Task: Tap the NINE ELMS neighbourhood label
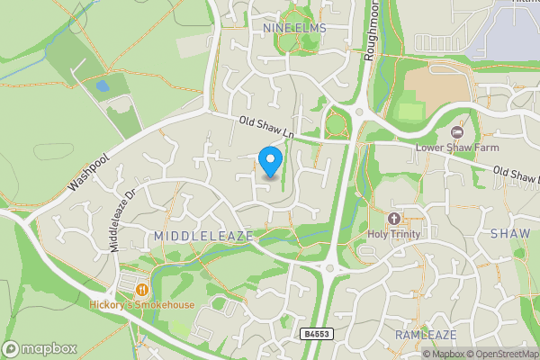(x=293, y=30)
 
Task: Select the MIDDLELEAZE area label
(x=202, y=236)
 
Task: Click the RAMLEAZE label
(x=426, y=335)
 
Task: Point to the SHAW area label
(x=510, y=233)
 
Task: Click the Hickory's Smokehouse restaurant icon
(x=142, y=289)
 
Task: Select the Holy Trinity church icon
(x=393, y=219)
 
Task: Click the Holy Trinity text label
(x=394, y=235)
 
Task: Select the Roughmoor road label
(x=371, y=40)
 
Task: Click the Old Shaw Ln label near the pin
(x=268, y=130)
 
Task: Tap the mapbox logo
(x=38, y=348)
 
